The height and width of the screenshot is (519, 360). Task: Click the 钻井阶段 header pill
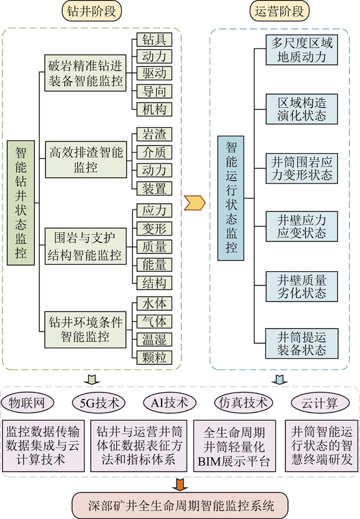point(91,11)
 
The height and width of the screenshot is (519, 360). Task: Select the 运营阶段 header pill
point(279,11)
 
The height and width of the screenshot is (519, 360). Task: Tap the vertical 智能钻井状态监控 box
point(21,202)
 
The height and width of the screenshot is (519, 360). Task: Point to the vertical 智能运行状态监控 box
point(231,198)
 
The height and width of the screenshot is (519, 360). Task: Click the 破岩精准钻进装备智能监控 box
point(86,73)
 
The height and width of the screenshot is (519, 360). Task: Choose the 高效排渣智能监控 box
point(86,160)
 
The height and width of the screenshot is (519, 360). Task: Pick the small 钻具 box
point(154,40)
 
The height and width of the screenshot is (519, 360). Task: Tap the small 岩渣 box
point(154,134)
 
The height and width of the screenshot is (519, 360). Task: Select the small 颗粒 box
point(154,357)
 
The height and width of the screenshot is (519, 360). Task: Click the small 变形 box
point(154,228)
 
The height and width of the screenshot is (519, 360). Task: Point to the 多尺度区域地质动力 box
point(302,50)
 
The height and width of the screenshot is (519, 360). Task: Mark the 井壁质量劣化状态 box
point(302,286)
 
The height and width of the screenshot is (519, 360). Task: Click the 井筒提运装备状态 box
point(302,344)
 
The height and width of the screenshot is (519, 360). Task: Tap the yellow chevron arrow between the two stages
point(195,202)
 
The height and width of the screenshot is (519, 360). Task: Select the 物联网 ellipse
point(27,403)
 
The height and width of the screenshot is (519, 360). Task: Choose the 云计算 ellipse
point(320,403)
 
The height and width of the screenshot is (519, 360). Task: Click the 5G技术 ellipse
point(99,403)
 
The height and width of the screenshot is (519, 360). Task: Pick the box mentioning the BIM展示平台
point(234,446)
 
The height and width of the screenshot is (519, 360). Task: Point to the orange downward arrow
point(180,484)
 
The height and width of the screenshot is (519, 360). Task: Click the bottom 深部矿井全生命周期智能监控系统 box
point(180,505)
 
